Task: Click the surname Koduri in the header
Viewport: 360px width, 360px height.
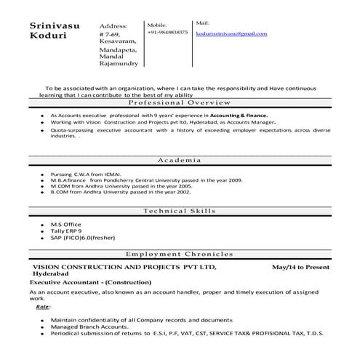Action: (x=46, y=36)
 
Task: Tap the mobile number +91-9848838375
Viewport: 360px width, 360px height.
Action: (x=167, y=33)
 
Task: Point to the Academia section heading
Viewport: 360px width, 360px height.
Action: (x=180, y=159)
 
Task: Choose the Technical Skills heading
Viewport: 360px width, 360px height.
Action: (x=180, y=210)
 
